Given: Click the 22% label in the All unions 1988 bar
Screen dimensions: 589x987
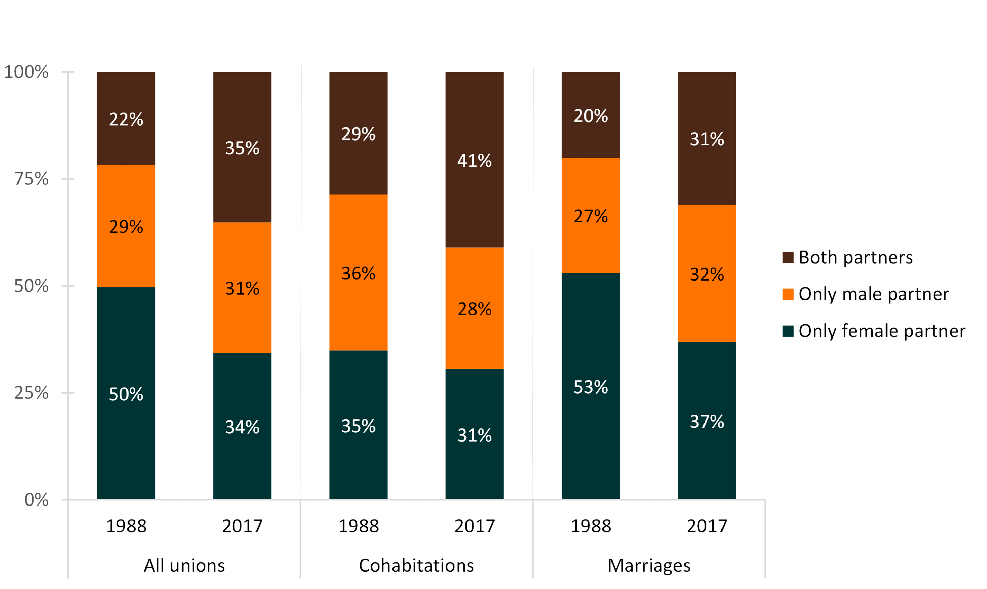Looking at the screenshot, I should [x=126, y=119].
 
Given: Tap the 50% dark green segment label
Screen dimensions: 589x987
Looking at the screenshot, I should [x=126, y=394].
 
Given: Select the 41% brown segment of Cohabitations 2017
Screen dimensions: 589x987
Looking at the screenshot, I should [x=474, y=160].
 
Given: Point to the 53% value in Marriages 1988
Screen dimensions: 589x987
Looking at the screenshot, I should [x=590, y=387].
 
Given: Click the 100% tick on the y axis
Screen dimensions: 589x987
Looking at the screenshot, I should [x=26, y=72].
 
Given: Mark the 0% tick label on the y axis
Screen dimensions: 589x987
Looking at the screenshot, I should [x=36, y=500].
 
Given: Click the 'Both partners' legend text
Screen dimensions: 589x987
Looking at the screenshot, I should [x=856, y=257].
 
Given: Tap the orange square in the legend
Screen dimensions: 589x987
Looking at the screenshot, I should [x=788, y=294].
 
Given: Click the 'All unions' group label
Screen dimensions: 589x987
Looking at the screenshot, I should [x=184, y=565].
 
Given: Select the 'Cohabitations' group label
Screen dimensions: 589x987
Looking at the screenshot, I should [x=416, y=565].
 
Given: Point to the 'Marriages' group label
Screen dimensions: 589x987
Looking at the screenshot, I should [x=649, y=565].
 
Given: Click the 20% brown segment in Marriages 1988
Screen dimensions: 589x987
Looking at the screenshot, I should [x=590, y=116].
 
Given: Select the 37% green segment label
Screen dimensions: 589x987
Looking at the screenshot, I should [x=707, y=422].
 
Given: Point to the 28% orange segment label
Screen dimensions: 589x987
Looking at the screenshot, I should [x=474, y=309].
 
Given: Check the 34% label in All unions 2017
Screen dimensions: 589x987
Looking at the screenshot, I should [x=242, y=427].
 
